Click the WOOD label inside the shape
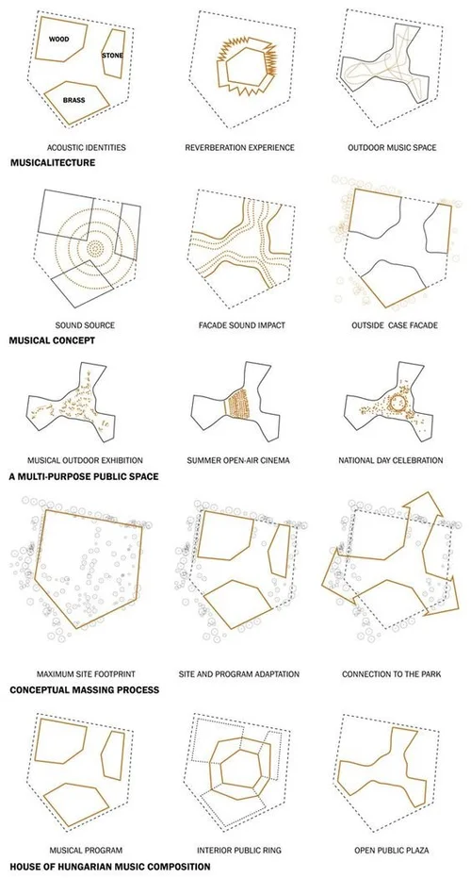click(x=59, y=41)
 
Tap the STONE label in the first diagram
click(x=113, y=57)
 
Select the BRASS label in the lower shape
click(x=74, y=99)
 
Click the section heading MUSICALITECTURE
click(x=53, y=162)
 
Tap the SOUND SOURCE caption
click(x=86, y=325)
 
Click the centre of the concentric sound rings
click(x=95, y=247)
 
